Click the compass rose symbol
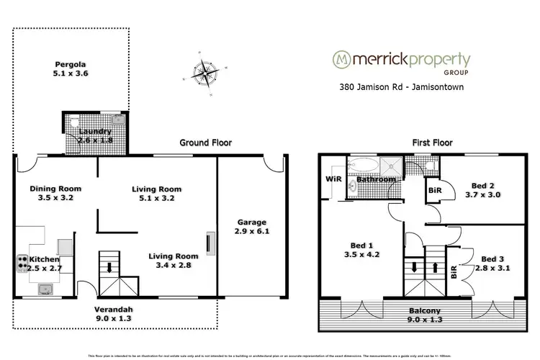point(204,73)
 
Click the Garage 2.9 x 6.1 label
point(251,228)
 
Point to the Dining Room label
point(51,193)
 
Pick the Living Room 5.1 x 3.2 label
point(156,193)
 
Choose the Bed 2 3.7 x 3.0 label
point(484,189)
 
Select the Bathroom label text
point(376,179)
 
